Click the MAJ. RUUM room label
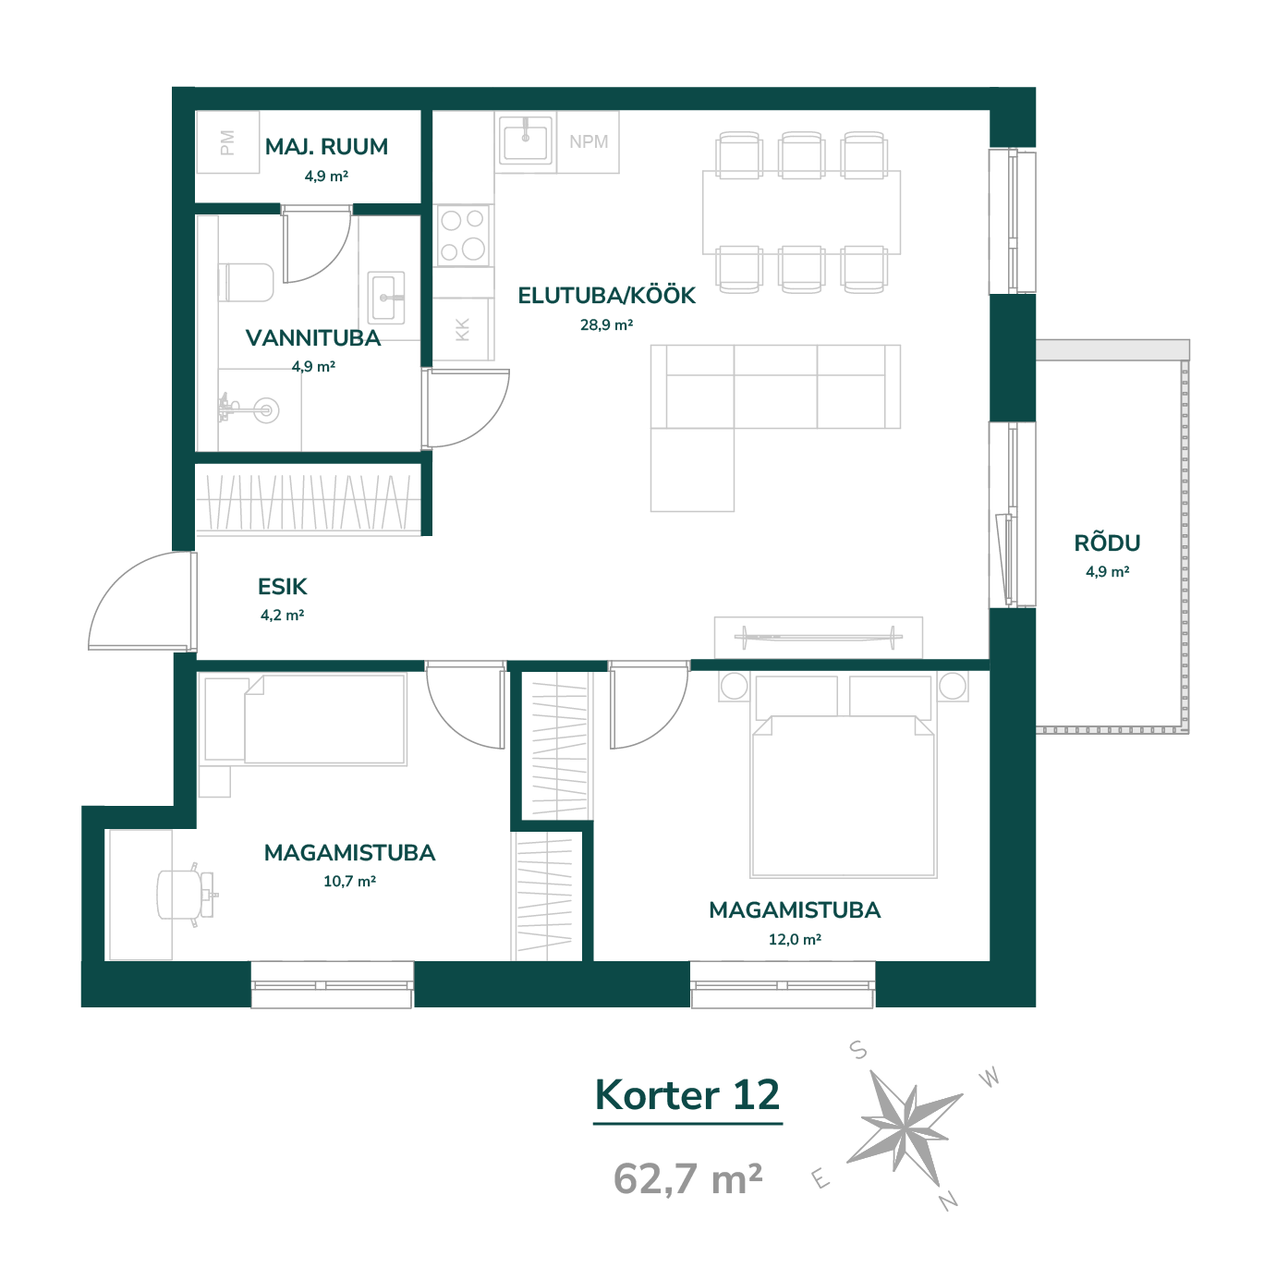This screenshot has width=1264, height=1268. (326, 147)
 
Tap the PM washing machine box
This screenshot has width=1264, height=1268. (227, 142)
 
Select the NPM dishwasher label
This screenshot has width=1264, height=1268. (589, 141)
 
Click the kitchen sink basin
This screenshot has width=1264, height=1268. (525, 140)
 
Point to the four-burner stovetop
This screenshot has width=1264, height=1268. (463, 235)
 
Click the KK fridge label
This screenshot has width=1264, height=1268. (463, 329)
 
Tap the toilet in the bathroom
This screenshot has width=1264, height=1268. (246, 282)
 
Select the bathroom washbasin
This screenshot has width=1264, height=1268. (386, 298)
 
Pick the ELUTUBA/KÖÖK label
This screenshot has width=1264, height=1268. (606, 296)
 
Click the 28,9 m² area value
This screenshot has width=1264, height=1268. (606, 324)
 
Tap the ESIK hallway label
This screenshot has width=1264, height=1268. (283, 586)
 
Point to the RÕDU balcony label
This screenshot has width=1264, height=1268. (1107, 543)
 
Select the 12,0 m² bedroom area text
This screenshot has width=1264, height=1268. (795, 939)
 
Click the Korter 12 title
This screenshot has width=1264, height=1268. (687, 1095)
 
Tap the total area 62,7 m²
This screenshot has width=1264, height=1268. (687, 1177)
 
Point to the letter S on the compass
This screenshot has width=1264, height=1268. (858, 1050)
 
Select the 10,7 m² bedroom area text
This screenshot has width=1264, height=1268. (349, 881)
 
